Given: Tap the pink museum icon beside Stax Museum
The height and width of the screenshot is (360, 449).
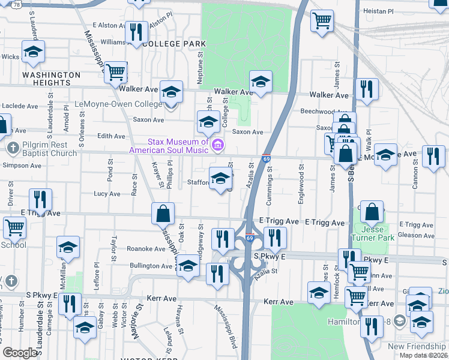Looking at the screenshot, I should (218, 145).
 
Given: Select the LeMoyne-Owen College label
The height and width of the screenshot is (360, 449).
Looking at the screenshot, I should (118, 103).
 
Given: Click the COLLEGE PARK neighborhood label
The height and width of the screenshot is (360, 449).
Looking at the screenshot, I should (173, 44).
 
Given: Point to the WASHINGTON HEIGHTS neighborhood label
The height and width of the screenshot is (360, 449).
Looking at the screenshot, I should (51, 79).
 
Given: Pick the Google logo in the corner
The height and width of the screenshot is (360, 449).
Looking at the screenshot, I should (20, 353).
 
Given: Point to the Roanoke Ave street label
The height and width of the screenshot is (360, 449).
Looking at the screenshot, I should (129, 249).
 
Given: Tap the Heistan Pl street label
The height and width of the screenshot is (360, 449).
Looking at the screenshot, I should (379, 11).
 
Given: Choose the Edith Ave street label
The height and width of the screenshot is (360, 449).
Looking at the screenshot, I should (111, 136).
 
